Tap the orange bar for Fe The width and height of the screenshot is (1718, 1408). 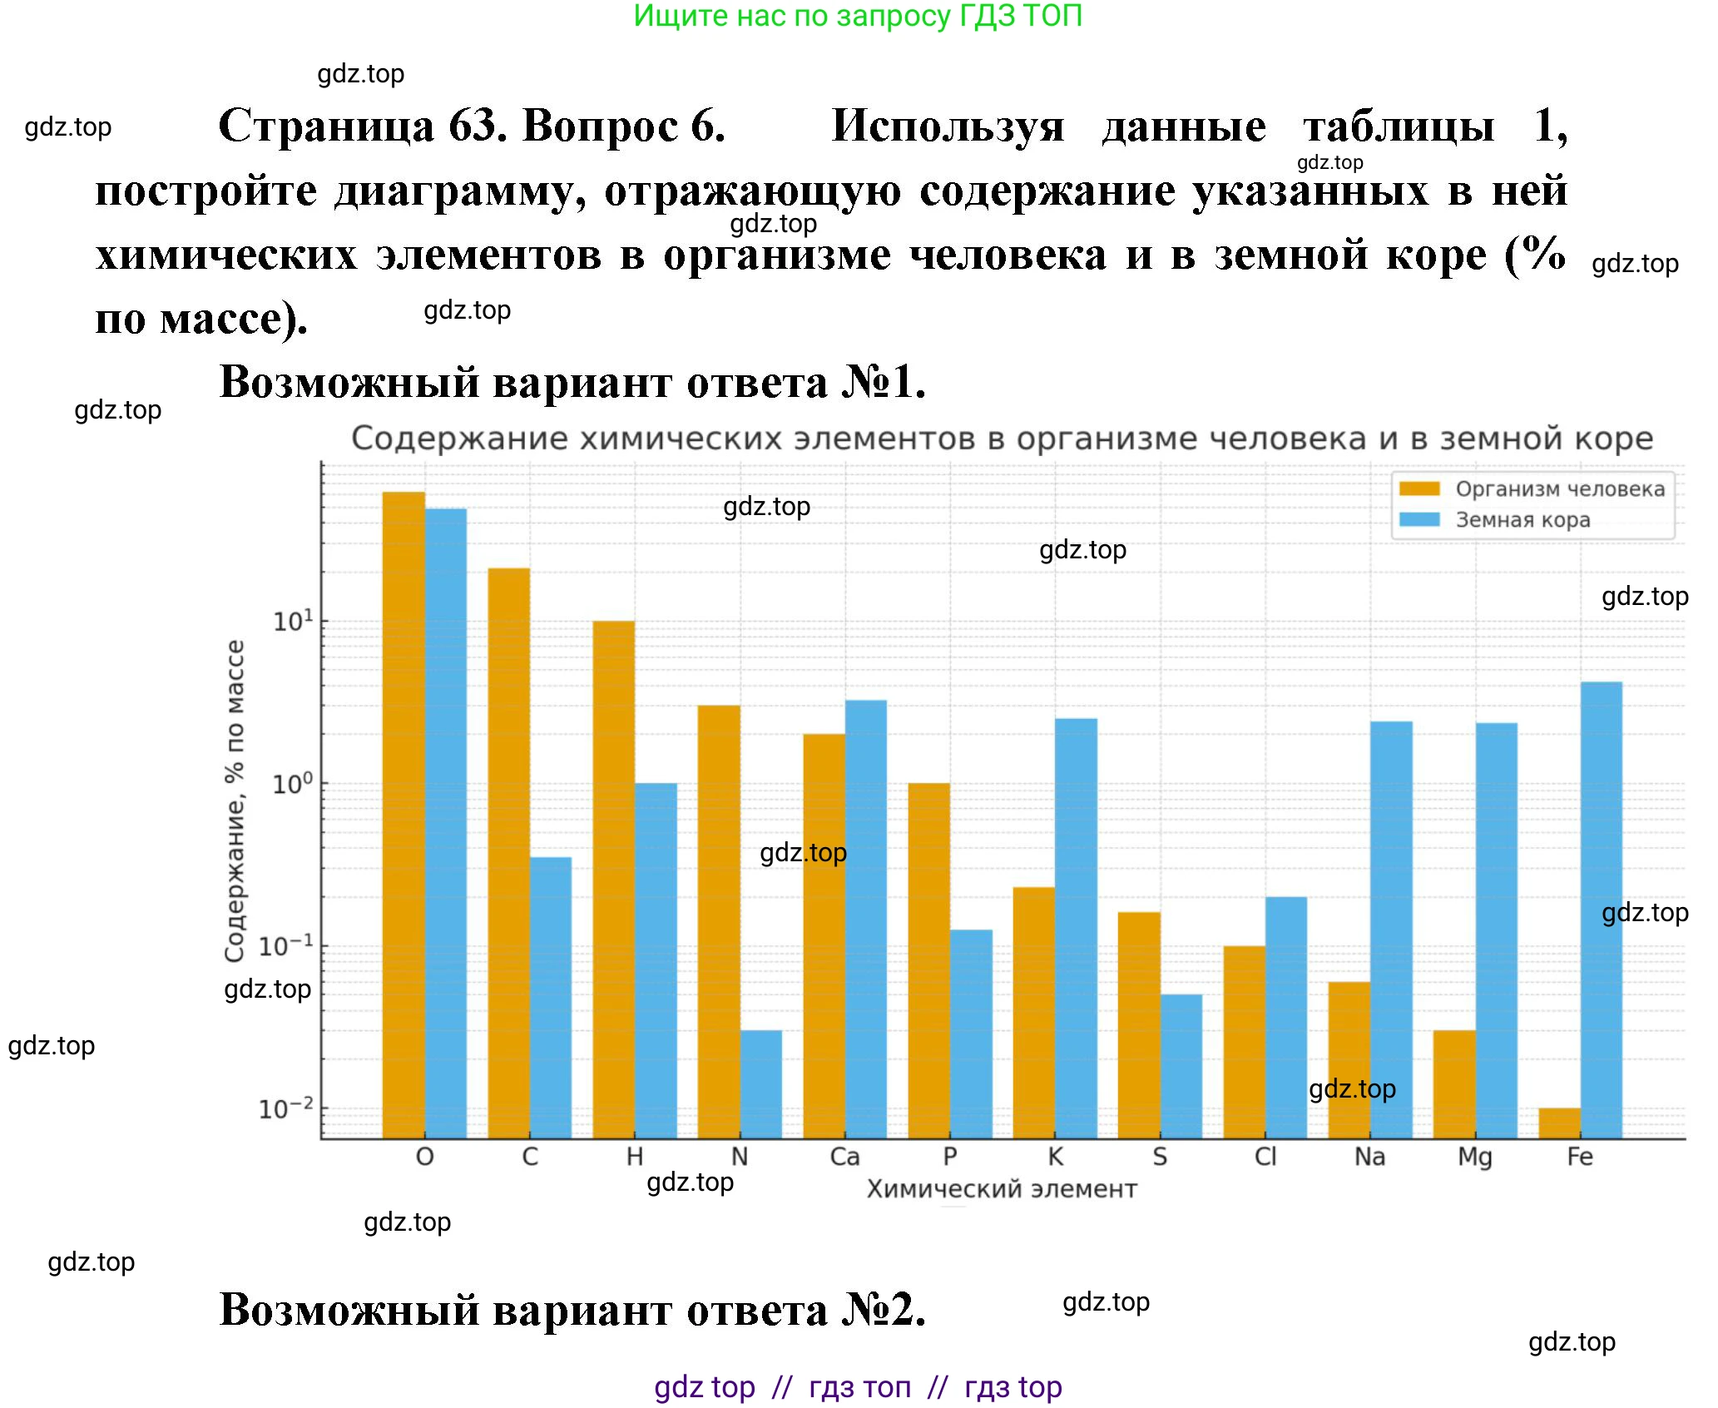coord(1559,1123)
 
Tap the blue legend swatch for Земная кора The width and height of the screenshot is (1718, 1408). coord(1419,520)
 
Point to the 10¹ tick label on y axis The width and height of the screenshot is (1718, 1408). coord(294,621)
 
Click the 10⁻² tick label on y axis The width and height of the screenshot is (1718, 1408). coord(286,1108)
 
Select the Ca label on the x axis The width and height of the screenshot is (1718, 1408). coord(844,1157)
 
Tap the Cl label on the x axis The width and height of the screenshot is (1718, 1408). coord(1265,1157)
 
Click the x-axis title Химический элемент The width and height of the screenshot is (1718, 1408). coord(1002,1189)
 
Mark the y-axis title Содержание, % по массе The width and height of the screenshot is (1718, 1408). coord(235,801)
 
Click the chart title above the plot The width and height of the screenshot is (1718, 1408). coord(1002,439)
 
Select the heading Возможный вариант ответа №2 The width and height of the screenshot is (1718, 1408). coord(572,1309)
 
